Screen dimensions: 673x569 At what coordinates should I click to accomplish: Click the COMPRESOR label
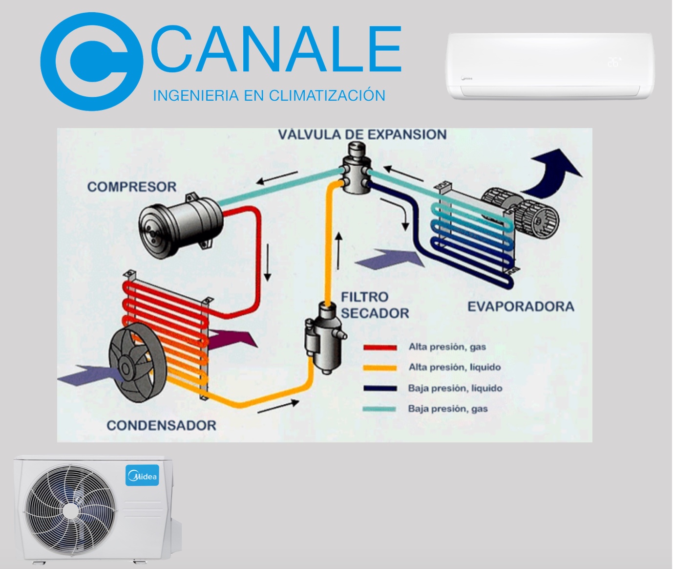point(132,187)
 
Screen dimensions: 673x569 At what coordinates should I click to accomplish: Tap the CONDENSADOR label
point(162,425)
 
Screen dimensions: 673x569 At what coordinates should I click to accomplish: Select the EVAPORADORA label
point(521,306)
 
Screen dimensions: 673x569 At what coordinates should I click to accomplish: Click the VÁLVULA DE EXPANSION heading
point(362,134)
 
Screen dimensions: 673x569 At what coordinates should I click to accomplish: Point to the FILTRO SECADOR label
point(375,305)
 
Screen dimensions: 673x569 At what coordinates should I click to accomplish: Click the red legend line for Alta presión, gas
point(380,348)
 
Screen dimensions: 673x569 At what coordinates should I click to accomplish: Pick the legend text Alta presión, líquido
point(455,367)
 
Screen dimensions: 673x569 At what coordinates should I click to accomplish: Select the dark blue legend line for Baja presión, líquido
point(380,388)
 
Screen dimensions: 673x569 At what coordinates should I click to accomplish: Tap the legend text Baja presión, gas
point(448,409)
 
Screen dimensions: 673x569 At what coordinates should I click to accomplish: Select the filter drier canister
point(325,337)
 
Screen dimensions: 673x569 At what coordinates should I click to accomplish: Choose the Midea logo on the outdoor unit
point(142,475)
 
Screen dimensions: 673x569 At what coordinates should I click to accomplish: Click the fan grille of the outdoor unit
point(71,511)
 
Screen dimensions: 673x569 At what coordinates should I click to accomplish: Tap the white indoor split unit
point(550,66)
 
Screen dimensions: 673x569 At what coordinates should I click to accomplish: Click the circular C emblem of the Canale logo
point(91,61)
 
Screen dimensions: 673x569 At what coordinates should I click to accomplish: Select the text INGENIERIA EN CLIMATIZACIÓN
point(269,95)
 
